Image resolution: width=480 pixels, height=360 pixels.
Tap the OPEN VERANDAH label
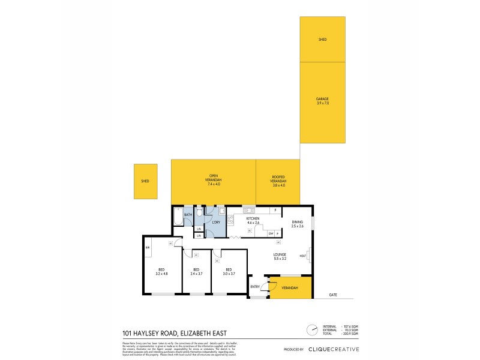pyautogui.click(x=214, y=178)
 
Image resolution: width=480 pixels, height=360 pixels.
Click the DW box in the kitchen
pyautogui.click(x=271, y=233)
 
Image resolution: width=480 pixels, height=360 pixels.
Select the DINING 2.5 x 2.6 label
pyautogui.click(x=298, y=224)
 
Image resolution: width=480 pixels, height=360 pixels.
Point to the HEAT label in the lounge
pyautogui.click(x=302, y=256)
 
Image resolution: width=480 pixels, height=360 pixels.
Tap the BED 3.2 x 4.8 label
pyautogui.click(x=161, y=271)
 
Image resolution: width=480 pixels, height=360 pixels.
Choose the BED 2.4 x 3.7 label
pyautogui.click(x=196, y=271)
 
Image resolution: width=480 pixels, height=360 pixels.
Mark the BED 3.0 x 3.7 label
pyautogui.click(x=229, y=271)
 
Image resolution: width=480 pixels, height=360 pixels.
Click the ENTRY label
pyautogui.click(x=255, y=287)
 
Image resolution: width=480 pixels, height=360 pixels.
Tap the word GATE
pyautogui.click(x=333, y=295)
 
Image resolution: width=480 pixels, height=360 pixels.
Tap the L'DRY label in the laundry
pyautogui.click(x=216, y=223)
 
